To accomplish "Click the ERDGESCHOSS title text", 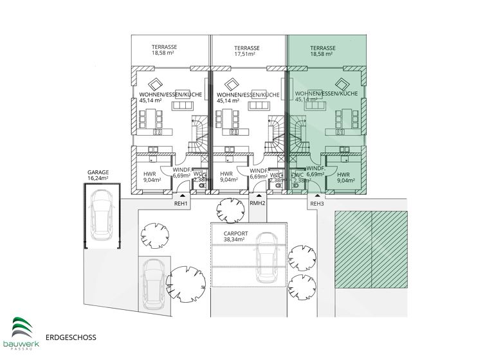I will pyautogui.click(x=71, y=336).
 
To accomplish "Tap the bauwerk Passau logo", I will pyautogui.click(x=21, y=332).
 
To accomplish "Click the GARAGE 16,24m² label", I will pyautogui.click(x=98, y=176).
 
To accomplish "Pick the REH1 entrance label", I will pyautogui.click(x=181, y=204).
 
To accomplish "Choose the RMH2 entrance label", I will pyautogui.click(x=257, y=204).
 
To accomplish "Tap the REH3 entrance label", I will pyautogui.click(x=317, y=204).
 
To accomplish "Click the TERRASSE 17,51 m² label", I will pyautogui.click(x=247, y=51).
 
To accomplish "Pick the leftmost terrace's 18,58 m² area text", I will pyautogui.click(x=165, y=55).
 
